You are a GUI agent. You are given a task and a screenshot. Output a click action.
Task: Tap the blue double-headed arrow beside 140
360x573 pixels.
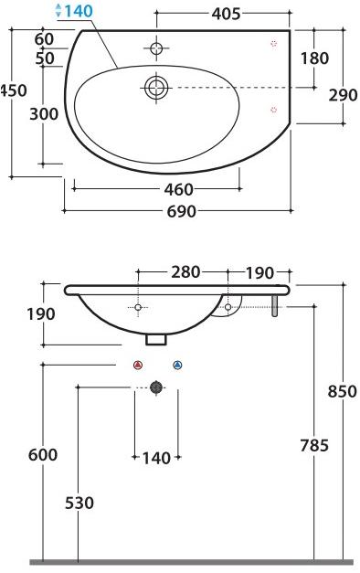click(59, 11)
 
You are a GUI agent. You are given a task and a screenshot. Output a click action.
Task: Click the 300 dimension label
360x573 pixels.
click(43, 113)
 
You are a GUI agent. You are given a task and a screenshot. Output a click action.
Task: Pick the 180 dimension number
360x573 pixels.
click(315, 58)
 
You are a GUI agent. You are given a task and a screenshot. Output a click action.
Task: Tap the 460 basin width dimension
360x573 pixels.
click(178, 189)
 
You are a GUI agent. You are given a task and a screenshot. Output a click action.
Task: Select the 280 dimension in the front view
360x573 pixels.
click(185, 271)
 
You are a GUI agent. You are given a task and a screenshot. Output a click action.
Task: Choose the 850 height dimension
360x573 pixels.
click(344, 391)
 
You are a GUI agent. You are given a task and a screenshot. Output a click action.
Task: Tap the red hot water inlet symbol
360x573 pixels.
click(137, 365)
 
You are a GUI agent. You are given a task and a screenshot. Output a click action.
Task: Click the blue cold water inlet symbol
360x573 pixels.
click(177, 365)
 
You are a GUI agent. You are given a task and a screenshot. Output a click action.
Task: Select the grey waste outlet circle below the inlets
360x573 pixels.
click(156, 387)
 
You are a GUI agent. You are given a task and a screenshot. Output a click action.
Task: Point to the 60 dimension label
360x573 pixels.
click(43, 38)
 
